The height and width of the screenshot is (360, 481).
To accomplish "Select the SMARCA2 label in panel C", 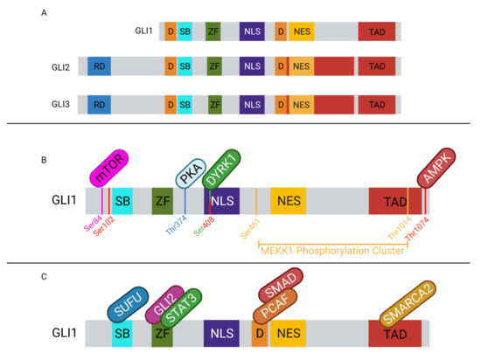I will click(x=408, y=301).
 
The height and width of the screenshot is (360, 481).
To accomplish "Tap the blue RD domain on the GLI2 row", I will click(x=99, y=66).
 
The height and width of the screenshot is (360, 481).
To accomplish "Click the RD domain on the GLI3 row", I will click(x=99, y=104).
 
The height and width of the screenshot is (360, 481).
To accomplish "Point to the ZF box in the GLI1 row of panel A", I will click(x=213, y=32).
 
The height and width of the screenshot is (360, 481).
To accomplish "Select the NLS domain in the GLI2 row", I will click(x=252, y=66).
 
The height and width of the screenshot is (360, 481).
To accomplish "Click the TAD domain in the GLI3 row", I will click(x=376, y=104).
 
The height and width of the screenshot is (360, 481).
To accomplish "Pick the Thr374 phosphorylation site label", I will click(x=177, y=230).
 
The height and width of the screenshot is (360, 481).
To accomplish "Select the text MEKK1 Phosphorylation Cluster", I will click(x=332, y=251).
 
